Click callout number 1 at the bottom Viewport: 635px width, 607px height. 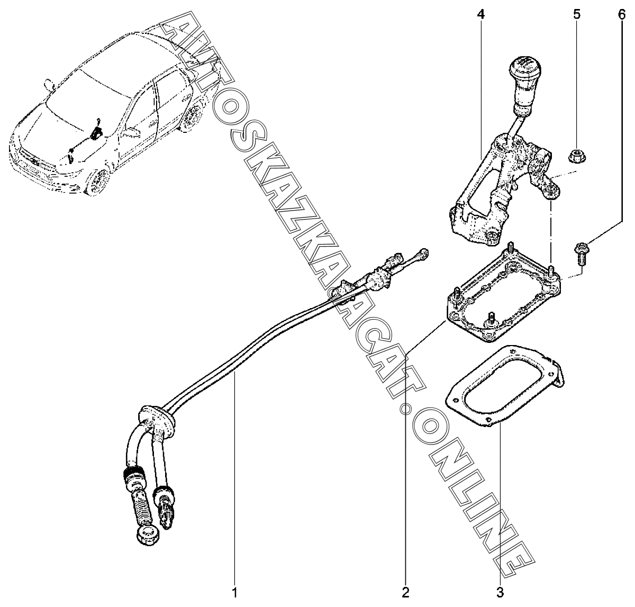point(234,592)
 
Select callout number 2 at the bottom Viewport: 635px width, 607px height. point(405,592)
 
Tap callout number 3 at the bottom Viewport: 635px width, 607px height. point(500,592)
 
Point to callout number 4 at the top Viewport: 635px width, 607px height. point(481,15)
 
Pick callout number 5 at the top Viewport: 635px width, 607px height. point(577,15)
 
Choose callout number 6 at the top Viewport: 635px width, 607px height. point(622,15)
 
